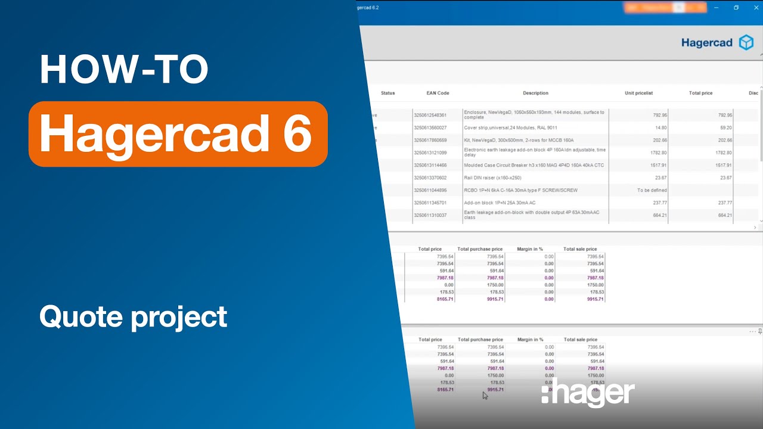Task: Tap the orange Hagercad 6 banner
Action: coord(178,133)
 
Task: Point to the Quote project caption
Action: coord(133,316)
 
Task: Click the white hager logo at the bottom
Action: coord(588,394)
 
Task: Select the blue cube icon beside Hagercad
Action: coord(746,42)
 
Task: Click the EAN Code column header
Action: coord(438,93)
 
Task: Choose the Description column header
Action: coord(535,93)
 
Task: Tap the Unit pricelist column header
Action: coord(638,93)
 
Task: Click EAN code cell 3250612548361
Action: coord(430,115)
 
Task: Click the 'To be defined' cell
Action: coord(652,190)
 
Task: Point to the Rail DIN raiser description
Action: coord(492,178)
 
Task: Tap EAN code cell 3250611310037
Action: coord(430,215)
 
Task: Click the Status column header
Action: coord(387,93)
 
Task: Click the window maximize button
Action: coord(736,8)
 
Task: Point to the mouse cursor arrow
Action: coord(485,395)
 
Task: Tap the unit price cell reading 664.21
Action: coord(659,215)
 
